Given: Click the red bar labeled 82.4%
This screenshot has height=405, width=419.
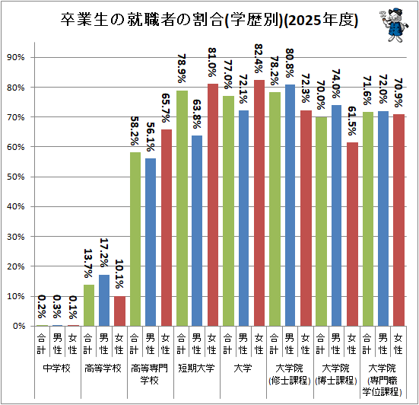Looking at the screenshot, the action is coord(259,202).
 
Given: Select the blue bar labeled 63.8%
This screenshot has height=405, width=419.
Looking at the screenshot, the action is coord(197,231).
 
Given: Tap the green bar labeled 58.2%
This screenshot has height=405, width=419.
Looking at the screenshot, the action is coord(135,239).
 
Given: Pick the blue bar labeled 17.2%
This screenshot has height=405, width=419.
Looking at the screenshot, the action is coord(104,300).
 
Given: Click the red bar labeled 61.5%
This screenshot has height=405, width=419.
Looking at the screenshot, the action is coord(352,234).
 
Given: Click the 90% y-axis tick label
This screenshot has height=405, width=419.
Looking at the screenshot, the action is coord(16,57).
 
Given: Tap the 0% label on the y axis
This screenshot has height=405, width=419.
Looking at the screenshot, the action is coord(19,326).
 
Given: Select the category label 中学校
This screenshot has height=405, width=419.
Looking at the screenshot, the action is coord(57,368).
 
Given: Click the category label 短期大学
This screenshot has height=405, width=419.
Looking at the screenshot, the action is coord(196,368).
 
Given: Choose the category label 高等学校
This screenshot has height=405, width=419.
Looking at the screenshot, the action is coord(103,368).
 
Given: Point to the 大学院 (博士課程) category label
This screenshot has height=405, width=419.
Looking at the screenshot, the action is coord(336,375).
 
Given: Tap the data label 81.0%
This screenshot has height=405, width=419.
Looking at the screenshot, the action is coord(212,62).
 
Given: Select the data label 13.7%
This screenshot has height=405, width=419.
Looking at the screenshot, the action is coord(88,263).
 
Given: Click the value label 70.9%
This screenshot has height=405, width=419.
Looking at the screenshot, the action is coord(398,93).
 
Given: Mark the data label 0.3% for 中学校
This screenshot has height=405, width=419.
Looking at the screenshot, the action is coord(57,307).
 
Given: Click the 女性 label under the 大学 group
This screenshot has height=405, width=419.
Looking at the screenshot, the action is coord(259,344).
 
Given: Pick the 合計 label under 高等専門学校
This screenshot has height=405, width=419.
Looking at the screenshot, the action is coord(135,344).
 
